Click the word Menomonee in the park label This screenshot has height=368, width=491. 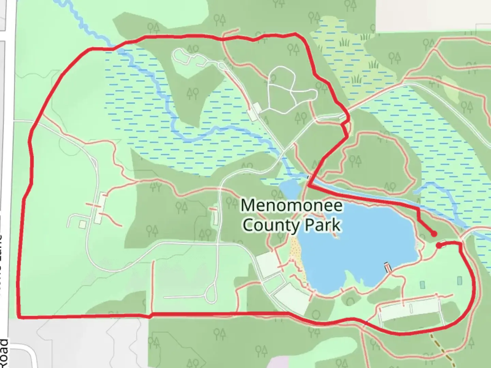coord(292,205)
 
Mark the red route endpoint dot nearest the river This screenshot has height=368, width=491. coord(434,234)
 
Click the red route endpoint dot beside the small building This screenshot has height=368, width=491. coord(438,245)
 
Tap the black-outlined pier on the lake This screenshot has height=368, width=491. coord(388,267)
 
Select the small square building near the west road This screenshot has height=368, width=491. coord(82,224)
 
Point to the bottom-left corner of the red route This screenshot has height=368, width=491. coord(19,317)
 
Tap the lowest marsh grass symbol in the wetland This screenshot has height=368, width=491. coord(356,79)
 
